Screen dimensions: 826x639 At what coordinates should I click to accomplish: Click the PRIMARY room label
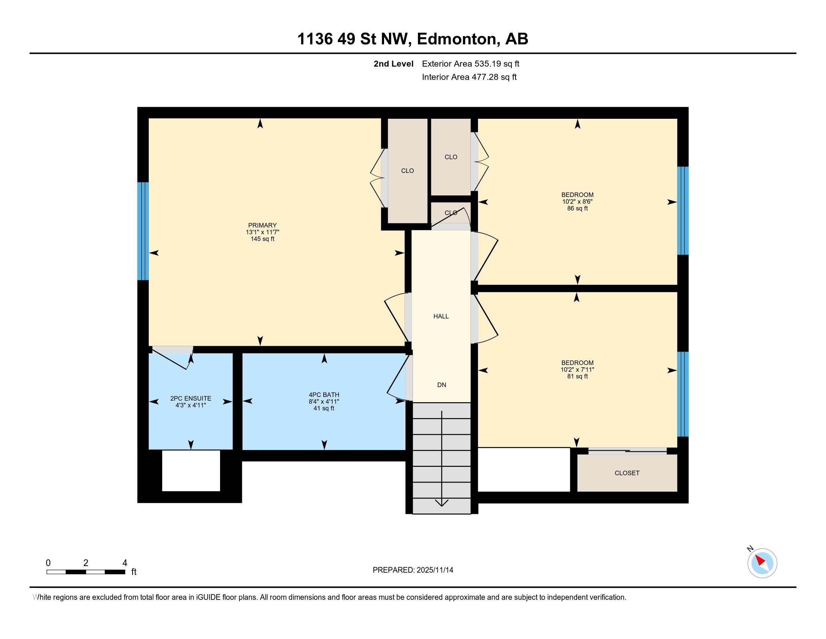pyautogui.click(x=262, y=225)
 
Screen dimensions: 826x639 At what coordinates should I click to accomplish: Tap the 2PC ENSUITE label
pyautogui.click(x=191, y=398)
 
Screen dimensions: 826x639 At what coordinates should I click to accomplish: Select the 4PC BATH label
pyautogui.click(x=324, y=395)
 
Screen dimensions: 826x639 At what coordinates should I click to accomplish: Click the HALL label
pyautogui.click(x=441, y=316)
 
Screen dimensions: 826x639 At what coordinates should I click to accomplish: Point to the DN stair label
pyautogui.click(x=442, y=385)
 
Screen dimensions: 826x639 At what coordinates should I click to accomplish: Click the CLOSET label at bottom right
pyautogui.click(x=627, y=473)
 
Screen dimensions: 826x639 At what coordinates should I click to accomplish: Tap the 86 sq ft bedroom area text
pyautogui.click(x=577, y=208)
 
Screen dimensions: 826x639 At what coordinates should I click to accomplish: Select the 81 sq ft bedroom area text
pyautogui.click(x=577, y=376)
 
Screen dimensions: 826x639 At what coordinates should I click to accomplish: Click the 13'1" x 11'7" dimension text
pyautogui.click(x=262, y=232)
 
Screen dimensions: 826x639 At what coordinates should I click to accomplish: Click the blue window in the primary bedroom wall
pyautogui.click(x=143, y=231)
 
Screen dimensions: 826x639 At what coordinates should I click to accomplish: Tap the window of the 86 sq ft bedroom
pyautogui.click(x=683, y=211)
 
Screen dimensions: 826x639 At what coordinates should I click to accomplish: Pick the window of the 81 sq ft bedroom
pyautogui.click(x=683, y=394)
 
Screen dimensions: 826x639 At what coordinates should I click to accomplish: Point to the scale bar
pyautogui.click(x=86, y=572)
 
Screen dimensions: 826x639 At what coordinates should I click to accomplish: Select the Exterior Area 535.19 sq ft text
pyautogui.click(x=470, y=64)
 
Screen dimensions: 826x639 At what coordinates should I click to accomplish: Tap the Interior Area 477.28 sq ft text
pyautogui.click(x=469, y=77)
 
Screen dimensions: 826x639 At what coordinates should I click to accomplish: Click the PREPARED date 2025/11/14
pyautogui.click(x=434, y=570)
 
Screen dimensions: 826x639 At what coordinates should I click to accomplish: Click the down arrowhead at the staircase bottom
pyautogui.click(x=442, y=503)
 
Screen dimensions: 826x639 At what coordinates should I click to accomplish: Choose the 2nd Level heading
pyautogui.click(x=393, y=64)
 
